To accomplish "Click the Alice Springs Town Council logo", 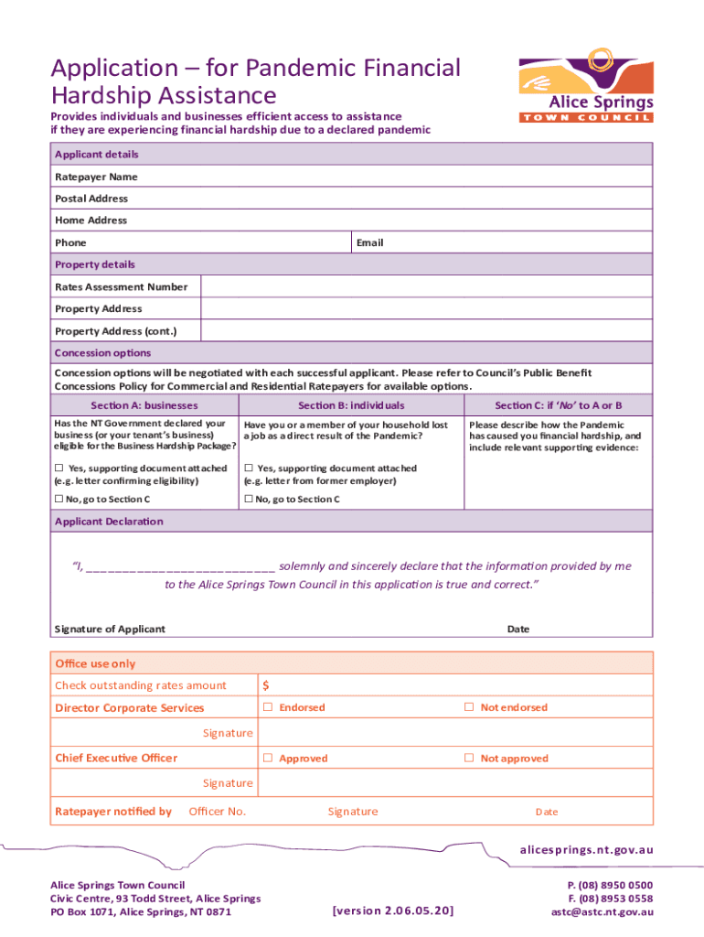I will click(586, 90).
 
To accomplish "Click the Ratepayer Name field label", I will click(96, 177).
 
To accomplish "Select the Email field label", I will click(369, 242).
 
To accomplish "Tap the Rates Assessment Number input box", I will click(426, 286).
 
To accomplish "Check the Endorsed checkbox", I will click(269, 707).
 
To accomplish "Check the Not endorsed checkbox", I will click(469, 707).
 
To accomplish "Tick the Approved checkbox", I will click(269, 758).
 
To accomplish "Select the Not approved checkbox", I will click(469, 758).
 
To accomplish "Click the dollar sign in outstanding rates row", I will click(266, 685).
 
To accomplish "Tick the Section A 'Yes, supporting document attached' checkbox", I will click(59, 468).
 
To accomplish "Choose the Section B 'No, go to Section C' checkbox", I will click(248, 499).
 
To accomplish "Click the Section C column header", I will click(558, 405).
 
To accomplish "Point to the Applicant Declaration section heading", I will click(109, 521).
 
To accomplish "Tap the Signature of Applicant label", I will click(110, 629).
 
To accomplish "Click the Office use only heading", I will click(95, 663).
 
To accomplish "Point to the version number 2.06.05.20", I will click(394, 910).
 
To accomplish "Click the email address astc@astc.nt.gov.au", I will click(602, 911).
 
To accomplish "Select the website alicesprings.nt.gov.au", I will click(586, 850).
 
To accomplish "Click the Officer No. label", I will click(217, 811).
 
